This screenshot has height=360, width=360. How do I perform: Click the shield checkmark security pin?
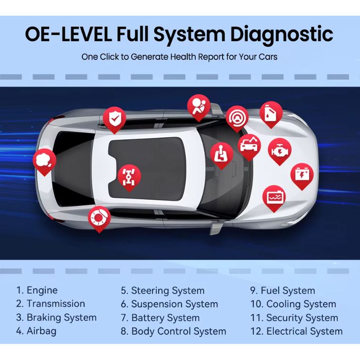(115, 119)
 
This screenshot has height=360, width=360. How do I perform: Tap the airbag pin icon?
(198, 106)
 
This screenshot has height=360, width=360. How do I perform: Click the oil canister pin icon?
(271, 113)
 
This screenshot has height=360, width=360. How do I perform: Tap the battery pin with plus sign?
(301, 175)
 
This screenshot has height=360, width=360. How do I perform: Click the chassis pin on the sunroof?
(129, 174)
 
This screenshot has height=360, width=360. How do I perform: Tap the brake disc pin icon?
(99, 217)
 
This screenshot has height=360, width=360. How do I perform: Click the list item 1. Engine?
(37, 291)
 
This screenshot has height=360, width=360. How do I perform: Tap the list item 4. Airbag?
(36, 331)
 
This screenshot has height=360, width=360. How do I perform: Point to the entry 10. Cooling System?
(293, 304)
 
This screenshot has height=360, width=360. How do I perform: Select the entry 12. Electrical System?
(296, 331)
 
